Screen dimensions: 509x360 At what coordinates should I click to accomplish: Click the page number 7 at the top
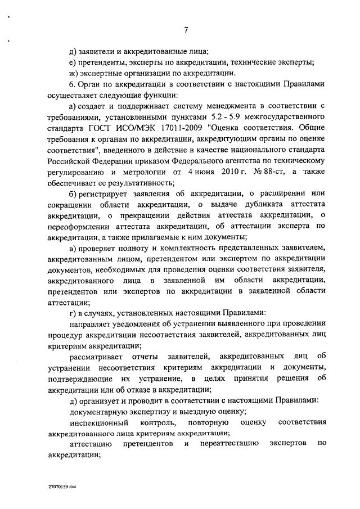point(185,30)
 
